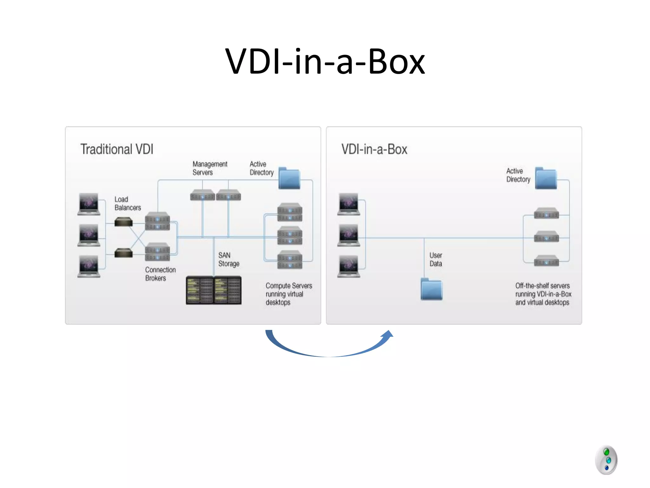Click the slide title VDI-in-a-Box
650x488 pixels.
[x=325, y=62]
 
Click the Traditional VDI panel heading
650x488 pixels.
[x=116, y=149]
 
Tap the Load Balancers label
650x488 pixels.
[x=127, y=203]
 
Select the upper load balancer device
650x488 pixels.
[x=123, y=222]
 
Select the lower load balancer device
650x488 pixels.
[x=123, y=253]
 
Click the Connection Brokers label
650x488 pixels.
[x=160, y=274]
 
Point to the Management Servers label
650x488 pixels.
[x=209, y=168]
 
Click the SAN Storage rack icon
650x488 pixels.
[x=214, y=290]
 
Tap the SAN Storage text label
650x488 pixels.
[x=229, y=259]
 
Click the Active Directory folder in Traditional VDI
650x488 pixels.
[x=289, y=179]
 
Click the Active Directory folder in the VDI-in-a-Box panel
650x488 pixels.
[x=546, y=179]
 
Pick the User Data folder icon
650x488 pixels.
[x=431, y=289]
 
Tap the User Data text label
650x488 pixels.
[x=435, y=259]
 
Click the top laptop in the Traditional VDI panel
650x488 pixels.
[x=89, y=204]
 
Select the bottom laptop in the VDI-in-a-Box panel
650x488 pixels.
[x=348, y=266]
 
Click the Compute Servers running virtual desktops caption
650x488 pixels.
[x=289, y=294]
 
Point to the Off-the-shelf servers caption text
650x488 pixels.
[x=543, y=294]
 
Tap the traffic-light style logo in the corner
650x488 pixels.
[x=606, y=460]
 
